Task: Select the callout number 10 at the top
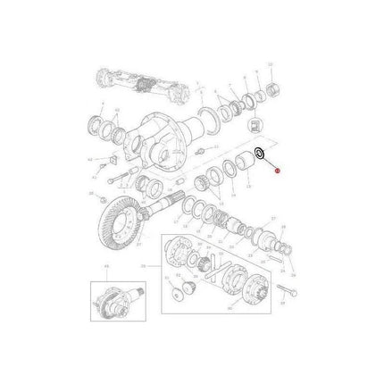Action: (271, 70)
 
